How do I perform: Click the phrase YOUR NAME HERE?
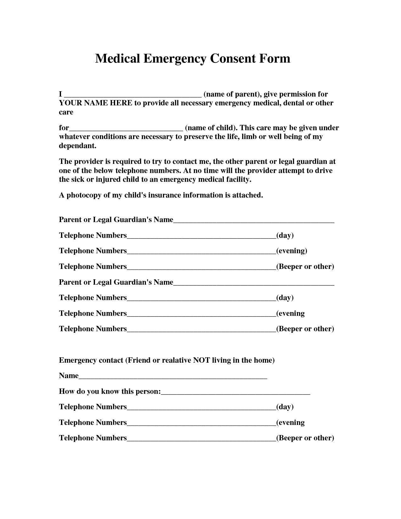(x=95, y=103)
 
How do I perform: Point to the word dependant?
(x=77, y=146)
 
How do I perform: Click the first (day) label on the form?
(x=285, y=235)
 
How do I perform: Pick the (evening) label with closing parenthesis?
(x=292, y=251)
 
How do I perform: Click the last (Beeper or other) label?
(x=305, y=438)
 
